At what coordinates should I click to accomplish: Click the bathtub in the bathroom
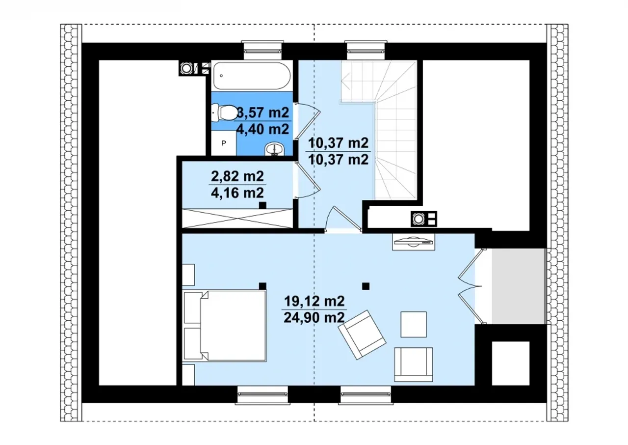click(252, 76)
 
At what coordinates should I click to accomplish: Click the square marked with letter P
click(223, 143)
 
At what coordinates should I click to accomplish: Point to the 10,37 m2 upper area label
click(339, 143)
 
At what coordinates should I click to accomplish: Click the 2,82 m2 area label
click(237, 176)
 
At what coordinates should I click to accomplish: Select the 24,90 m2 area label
click(314, 318)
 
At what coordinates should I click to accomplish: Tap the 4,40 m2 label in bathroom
click(262, 129)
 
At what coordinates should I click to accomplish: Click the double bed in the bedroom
click(224, 326)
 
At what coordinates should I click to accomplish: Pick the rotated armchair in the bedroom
click(362, 334)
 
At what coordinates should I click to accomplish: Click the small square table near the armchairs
click(414, 324)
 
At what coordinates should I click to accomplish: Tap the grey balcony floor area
click(519, 286)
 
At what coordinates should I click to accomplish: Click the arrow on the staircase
click(345, 80)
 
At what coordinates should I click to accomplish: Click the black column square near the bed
click(262, 286)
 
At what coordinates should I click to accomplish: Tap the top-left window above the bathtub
click(262, 51)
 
